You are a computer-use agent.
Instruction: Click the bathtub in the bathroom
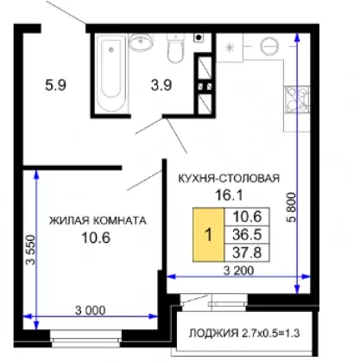111,73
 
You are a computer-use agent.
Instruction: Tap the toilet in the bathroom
175,48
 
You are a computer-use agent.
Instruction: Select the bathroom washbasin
141,41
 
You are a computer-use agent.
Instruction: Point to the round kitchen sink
269,46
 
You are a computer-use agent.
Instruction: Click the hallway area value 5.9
56,86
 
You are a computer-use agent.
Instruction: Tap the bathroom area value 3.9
161,86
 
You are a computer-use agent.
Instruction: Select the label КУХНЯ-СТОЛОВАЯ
229,178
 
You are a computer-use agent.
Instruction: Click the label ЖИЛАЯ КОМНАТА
98,220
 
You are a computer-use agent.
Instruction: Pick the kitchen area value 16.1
229,195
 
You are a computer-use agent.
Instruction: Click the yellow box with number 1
208,234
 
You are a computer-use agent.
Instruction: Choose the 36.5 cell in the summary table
247,235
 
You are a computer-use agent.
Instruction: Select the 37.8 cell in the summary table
247,252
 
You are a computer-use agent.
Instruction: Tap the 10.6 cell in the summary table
247,217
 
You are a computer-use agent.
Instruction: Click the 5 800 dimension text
291,207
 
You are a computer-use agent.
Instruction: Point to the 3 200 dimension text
239,271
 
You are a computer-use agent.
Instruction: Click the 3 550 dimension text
30,250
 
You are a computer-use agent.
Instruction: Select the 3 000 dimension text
91,310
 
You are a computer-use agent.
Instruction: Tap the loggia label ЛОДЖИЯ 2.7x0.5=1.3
244,334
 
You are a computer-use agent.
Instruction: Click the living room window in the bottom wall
86,336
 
